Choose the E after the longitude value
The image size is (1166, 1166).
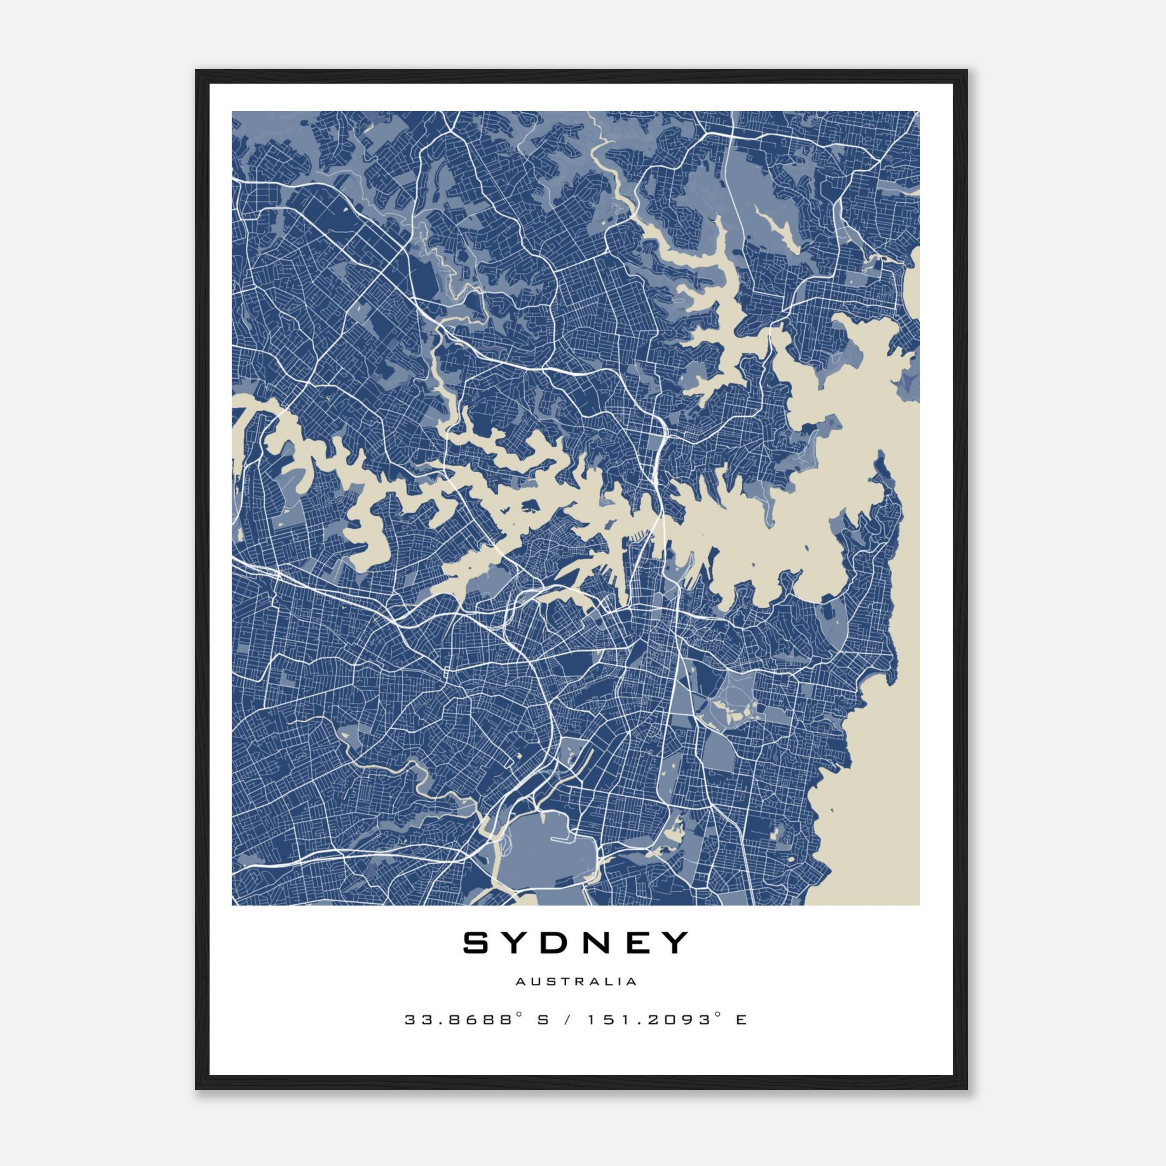point(741,1020)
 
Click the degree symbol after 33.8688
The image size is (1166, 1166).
point(518,1015)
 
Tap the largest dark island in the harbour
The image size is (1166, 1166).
point(531,504)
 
